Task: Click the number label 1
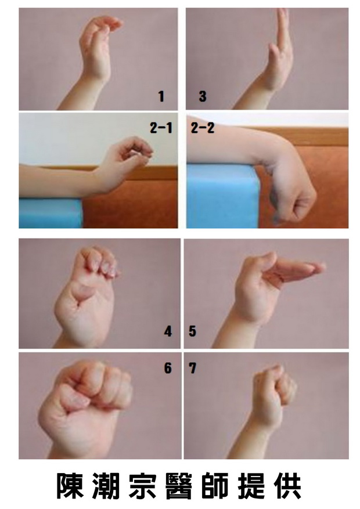(x=161, y=96)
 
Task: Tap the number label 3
(x=203, y=96)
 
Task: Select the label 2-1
(x=161, y=128)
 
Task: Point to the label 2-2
(x=203, y=128)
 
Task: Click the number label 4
(x=168, y=331)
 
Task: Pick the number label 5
(x=193, y=331)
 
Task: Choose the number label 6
(x=168, y=368)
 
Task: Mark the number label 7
(x=193, y=368)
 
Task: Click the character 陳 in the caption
(x=70, y=486)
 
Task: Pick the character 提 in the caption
(x=251, y=486)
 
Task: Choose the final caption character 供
(x=288, y=486)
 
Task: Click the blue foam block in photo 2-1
(x=51, y=212)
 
